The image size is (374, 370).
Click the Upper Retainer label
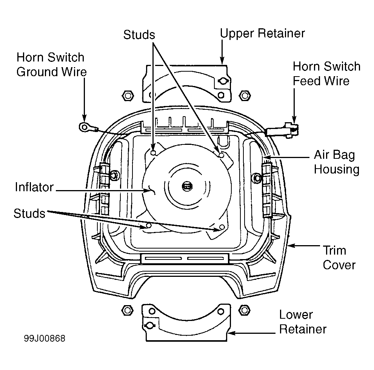pyautogui.click(x=262, y=34)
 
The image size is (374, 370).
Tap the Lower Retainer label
pyautogui.click(x=303, y=322)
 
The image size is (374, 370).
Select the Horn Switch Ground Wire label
pyautogui.click(x=51, y=64)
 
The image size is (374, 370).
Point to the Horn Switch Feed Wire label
pyautogui.click(x=326, y=74)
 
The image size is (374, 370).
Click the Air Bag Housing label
pyautogui.click(x=337, y=162)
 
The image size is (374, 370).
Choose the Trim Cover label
pyautogui.click(x=339, y=258)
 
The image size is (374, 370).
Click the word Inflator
pyautogui.click(x=34, y=187)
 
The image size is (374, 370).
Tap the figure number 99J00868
pyautogui.click(x=45, y=338)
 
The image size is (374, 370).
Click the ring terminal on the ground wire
pyautogui.click(x=84, y=127)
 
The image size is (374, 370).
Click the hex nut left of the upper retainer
pyautogui.click(x=128, y=96)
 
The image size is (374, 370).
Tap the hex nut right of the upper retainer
pyautogui.click(x=245, y=96)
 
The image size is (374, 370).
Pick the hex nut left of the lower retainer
pyautogui.click(x=127, y=310)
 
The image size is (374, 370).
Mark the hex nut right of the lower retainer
pyautogui.click(x=244, y=310)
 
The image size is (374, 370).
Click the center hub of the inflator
pyautogui.click(x=187, y=186)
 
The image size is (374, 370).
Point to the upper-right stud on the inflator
pyautogui.click(x=222, y=155)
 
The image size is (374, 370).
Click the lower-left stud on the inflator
pyautogui.click(x=149, y=225)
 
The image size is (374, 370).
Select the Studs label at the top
pyautogui.click(x=139, y=35)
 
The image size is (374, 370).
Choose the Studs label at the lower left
pyautogui.click(x=29, y=213)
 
